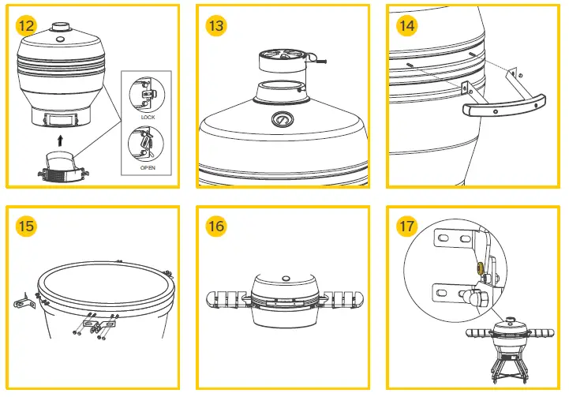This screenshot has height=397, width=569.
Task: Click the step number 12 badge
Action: [x=26, y=25]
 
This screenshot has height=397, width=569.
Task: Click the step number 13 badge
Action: [x=215, y=25]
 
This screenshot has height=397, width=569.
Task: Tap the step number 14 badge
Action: [x=406, y=25]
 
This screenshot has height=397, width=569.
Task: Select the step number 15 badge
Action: [x=26, y=227]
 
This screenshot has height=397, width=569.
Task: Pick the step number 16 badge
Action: [x=215, y=227]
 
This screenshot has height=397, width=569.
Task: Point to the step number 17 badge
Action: [x=406, y=227]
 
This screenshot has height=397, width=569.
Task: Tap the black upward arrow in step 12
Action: [x=60, y=140]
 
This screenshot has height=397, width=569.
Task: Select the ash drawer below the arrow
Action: [x=60, y=163]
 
